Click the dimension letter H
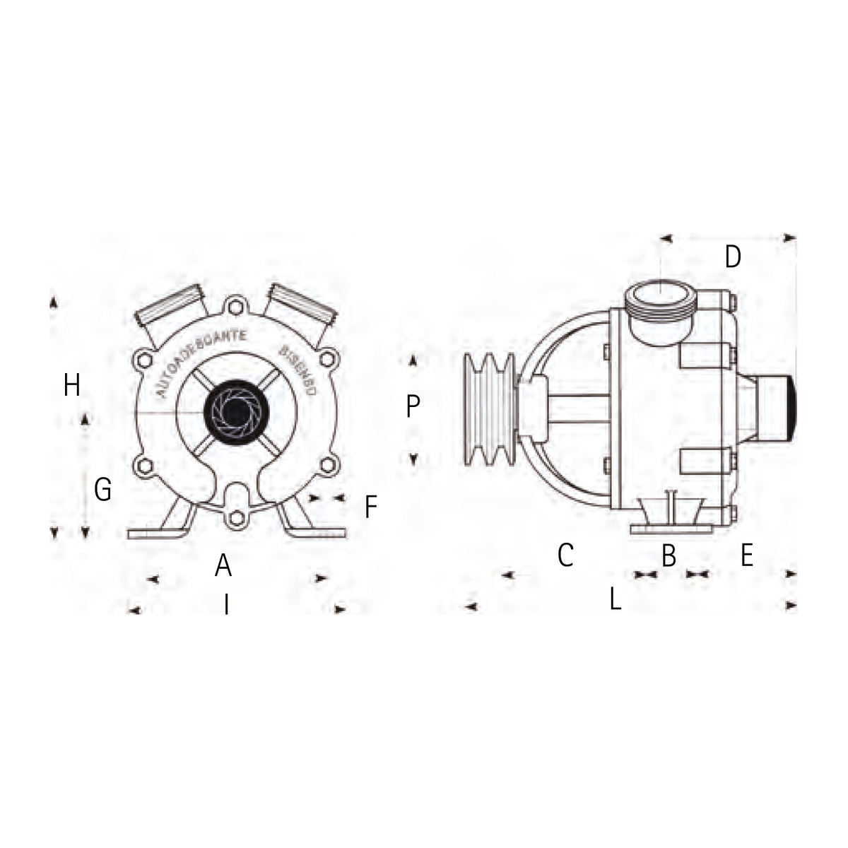pyautogui.click(x=71, y=386)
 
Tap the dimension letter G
pyautogui.click(x=103, y=489)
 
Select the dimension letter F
pyautogui.click(x=371, y=507)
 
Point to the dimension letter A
pyautogui.click(x=223, y=565)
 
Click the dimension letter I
pyautogui.click(x=226, y=605)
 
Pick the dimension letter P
pyautogui.click(x=413, y=406)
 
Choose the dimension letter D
pyautogui.click(x=733, y=257)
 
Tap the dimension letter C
pyautogui.click(x=565, y=555)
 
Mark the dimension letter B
pyautogui.click(x=669, y=556)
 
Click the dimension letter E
pyautogui.click(x=747, y=556)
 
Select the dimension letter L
pyautogui.click(x=616, y=601)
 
